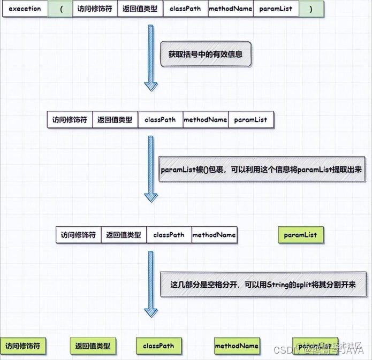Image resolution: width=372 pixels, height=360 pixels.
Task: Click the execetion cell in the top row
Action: coord(25,9)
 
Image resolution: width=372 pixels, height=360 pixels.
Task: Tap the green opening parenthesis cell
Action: coord(60,9)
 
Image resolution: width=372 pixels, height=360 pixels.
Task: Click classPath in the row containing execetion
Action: coord(185,9)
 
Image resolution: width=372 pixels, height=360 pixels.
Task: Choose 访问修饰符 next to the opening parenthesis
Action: coord(95,9)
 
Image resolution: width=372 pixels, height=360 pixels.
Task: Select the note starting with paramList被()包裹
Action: coord(261,170)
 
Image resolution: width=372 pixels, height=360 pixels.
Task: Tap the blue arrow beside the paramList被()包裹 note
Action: coord(151,168)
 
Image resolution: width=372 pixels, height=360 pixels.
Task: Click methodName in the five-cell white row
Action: coord(206,120)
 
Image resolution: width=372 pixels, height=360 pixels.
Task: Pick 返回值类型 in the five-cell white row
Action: coord(115,120)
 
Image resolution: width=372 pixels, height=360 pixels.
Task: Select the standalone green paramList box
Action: coord(300,235)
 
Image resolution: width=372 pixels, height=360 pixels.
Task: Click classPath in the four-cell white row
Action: coord(169,235)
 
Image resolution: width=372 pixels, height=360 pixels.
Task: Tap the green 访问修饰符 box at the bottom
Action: coord(23,346)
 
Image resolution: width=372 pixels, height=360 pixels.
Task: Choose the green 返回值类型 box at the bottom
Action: coord(93,346)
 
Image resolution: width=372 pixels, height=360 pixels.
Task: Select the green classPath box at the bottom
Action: coord(158,346)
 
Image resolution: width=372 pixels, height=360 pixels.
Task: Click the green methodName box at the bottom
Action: coord(237,346)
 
